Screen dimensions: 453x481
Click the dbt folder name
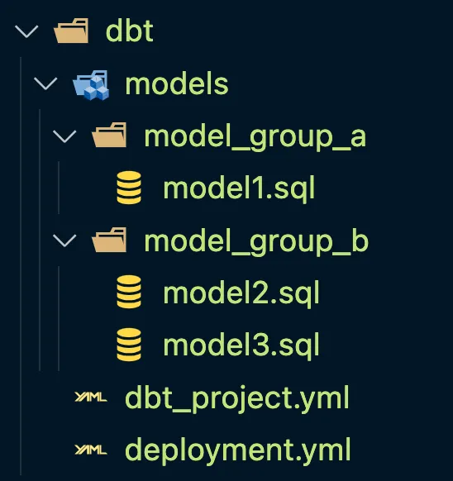[129, 31]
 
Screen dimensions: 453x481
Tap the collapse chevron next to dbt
[26, 31]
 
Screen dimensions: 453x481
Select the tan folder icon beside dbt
[71, 31]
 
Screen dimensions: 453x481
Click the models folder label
[177, 84]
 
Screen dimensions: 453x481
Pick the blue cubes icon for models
[91, 85]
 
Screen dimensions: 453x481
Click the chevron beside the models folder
[45, 83]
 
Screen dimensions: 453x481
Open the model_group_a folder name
[255, 137]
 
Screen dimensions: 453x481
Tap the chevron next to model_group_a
[64, 136]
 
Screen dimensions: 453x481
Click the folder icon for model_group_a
[109, 135]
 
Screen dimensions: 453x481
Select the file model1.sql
[239, 188]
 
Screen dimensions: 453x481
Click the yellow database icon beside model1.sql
[129, 188]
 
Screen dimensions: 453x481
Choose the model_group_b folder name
[256, 242]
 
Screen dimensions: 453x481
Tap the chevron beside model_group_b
[64, 240]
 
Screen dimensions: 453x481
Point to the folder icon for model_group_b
[109, 240]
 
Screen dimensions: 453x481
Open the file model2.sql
[241, 293]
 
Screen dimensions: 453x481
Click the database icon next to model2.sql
[129, 292]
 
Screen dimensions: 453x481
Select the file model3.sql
[241, 345]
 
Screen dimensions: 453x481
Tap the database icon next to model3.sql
[129, 345]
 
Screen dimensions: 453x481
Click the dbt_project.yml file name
[237, 398]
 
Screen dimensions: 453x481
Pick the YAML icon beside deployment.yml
[91, 450]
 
